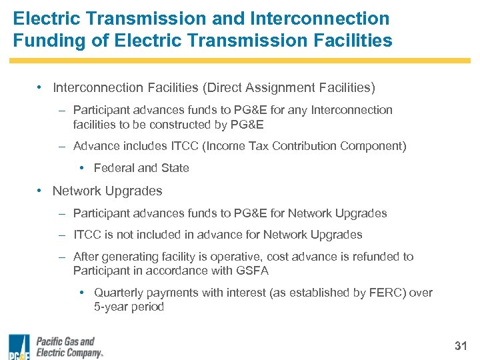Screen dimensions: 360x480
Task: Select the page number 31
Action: click(461, 346)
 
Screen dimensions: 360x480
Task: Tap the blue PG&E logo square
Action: click(19, 345)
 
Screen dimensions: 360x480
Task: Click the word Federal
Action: click(114, 168)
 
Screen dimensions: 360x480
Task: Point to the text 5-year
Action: click(111, 307)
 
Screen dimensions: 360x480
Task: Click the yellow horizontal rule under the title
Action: click(239, 61)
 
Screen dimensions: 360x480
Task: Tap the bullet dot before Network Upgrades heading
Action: click(41, 191)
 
